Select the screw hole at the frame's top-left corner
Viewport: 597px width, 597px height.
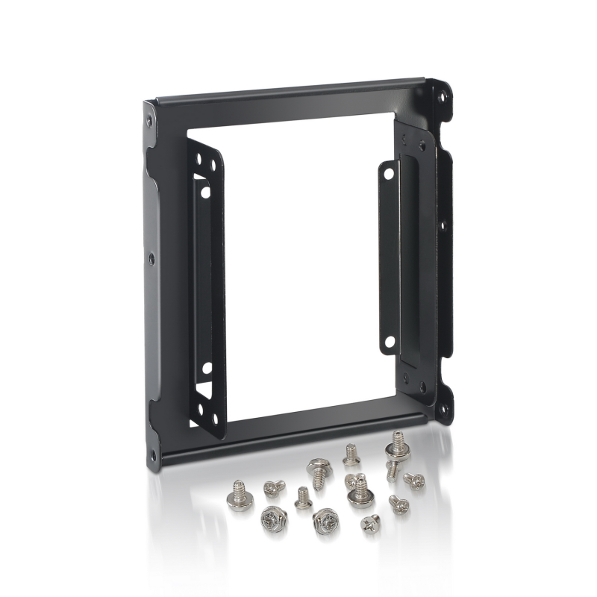[x=150, y=119]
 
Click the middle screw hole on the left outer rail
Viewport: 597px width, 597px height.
[x=151, y=258]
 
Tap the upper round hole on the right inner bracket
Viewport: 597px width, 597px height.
[x=388, y=172]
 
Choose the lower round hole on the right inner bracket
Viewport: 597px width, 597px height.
[x=389, y=342]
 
